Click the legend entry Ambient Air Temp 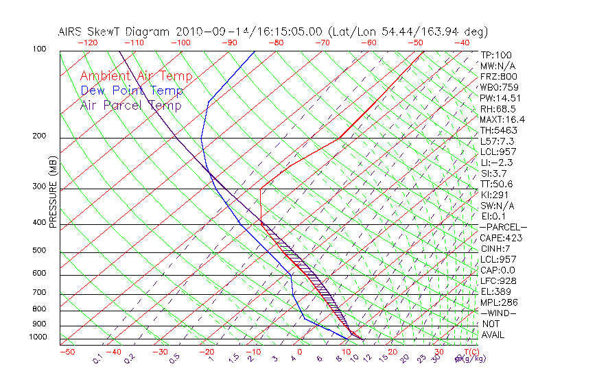click(x=136, y=76)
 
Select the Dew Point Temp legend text click(x=132, y=91)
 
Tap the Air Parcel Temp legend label click(x=130, y=105)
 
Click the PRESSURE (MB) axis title click(x=54, y=193)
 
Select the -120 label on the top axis click(x=87, y=43)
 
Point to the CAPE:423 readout click(x=501, y=238)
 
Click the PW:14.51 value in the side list click(x=500, y=98)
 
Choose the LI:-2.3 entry click(x=496, y=163)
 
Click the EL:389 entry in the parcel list click(x=496, y=291)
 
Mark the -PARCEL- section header click(x=503, y=227)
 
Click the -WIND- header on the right click(x=499, y=313)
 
